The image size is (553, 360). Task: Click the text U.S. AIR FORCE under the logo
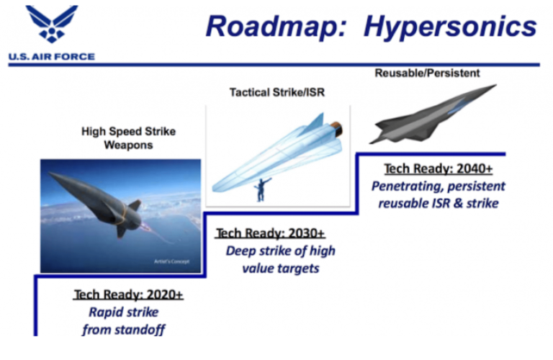pyautogui.click(x=51, y=57)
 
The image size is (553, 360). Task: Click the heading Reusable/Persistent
pyautogui.click(x=427, y=73)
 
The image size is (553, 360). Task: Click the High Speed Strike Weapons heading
pyautogui.click(x=127, y=138)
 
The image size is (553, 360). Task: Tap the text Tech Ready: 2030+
pyautogui.click(x=270, y=233)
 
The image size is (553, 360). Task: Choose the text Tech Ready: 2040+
pyautogui.click(x=438, y=168)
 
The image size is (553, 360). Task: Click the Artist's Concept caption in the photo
pyautogui.click(x=176, y=261)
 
